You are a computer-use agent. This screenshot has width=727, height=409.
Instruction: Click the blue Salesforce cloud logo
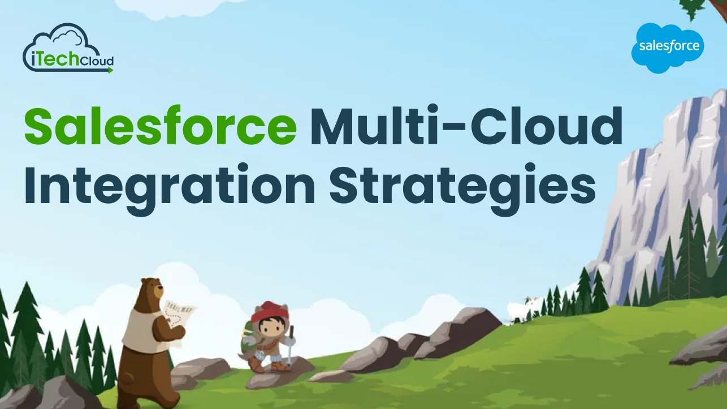click(668, 48)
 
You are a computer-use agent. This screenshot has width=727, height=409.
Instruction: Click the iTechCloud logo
click(68, 50)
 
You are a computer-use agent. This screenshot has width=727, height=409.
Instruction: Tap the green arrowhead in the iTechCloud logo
click(110, 70)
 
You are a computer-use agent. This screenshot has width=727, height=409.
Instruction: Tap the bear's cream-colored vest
click(139, 329)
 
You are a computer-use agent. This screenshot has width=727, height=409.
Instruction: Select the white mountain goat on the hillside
click(518, 309)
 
